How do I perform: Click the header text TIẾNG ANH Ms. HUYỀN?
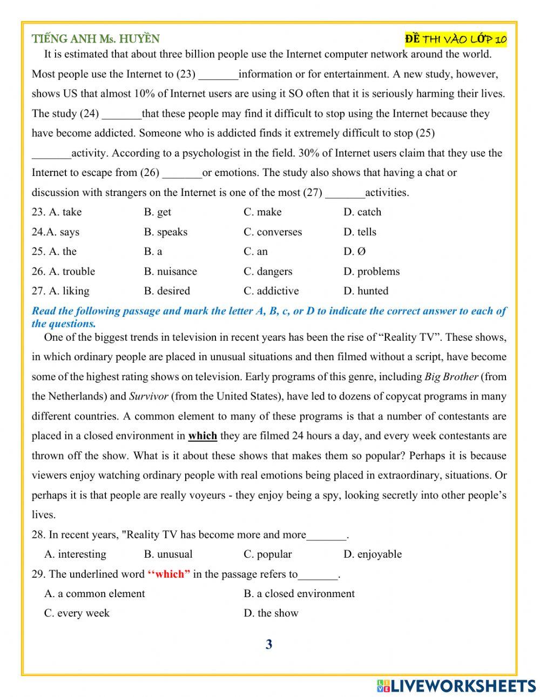point(96,39)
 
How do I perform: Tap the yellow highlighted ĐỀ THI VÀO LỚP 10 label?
point(455,39)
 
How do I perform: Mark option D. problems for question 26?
point(372,272)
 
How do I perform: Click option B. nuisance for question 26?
point(170,272)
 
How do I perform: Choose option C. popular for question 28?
point(267,554)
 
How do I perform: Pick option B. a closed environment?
point(299,594)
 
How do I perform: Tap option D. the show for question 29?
point(271,613)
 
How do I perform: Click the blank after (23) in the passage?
point(218,75)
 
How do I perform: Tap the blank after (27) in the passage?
point(345,193)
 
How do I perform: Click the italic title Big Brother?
point(451,377)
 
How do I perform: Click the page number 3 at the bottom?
point(269,644)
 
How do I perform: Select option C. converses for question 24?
point(273,232)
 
